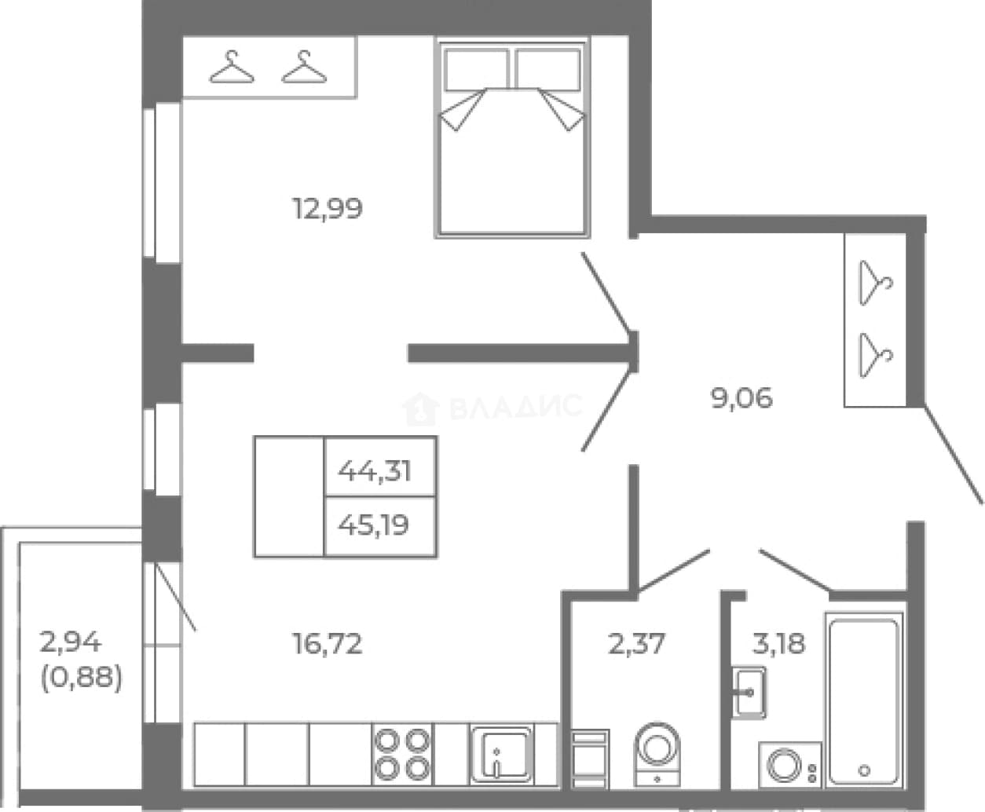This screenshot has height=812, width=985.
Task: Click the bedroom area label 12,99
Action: click(328, 208)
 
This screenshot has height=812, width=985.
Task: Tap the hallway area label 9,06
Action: click(741, 397)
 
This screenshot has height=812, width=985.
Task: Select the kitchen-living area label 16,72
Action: click(328, 644)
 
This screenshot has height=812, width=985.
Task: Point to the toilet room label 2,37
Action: click(636, 644)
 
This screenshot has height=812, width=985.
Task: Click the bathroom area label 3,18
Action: click(779, 644)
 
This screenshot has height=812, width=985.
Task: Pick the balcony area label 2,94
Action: click(70, 642)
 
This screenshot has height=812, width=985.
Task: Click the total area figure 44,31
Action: click(375, 470)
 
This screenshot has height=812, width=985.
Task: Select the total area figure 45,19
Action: click(373, 525)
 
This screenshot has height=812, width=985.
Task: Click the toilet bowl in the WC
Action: click(657, 754)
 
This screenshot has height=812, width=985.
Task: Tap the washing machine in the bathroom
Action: click(790, 764)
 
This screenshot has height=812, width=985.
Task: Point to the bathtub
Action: click(864, 700)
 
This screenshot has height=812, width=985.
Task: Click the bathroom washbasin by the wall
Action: click(749, 692)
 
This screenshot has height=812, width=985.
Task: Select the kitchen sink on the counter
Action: click(501, 755)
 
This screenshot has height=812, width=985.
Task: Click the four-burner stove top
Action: click(402, 755)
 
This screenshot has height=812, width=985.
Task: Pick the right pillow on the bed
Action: click(548, 70)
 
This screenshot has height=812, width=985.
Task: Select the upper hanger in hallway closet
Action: click(876, 283)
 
